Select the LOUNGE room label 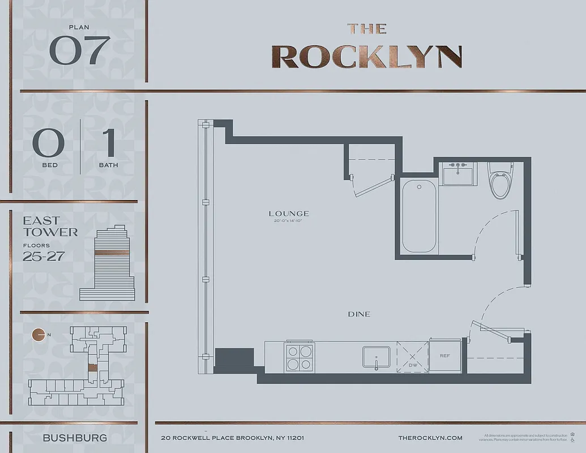pos(289,213)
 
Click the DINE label pos(360,314)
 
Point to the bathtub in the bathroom pos(420,217)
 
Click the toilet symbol pos(501,181)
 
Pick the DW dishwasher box pos(412,357)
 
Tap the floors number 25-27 pos(44,256)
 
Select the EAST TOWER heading pos(50,226)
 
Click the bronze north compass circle pos(39,335)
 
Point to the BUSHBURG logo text pos(75,438)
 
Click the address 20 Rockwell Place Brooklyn pos(233,438)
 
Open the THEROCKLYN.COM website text pos(430,438)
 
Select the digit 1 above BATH pos(108,143)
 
